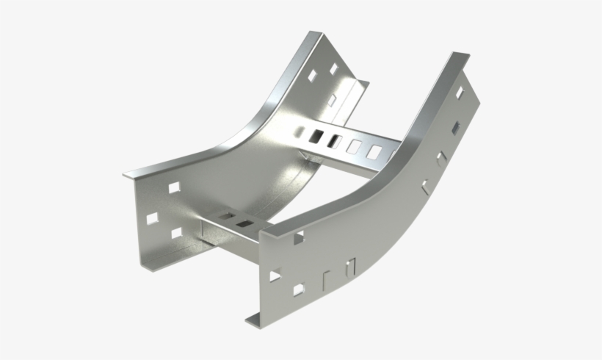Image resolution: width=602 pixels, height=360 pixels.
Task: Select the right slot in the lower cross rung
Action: [244, 223]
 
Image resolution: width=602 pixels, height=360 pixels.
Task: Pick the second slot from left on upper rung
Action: [336, 140]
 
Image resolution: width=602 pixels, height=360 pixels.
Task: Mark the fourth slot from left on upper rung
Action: [375, 153]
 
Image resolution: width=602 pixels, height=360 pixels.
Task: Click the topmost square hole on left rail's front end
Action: [175, 188]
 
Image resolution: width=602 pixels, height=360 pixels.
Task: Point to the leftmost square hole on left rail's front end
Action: [153, 219]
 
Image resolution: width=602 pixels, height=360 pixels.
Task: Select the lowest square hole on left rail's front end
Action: [176, 233]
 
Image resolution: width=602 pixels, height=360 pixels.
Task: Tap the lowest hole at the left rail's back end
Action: [332, 98]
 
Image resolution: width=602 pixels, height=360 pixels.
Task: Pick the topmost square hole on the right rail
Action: [460, 93]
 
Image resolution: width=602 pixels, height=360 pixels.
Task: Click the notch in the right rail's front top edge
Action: [299, 237]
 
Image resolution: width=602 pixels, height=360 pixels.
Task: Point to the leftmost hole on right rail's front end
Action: [274, 276]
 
